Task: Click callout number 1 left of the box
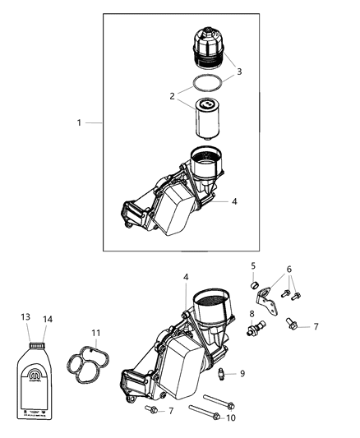click(x=80, y=122)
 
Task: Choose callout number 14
click(x=46, y=317)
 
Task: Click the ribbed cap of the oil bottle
click(x=37, y=334)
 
